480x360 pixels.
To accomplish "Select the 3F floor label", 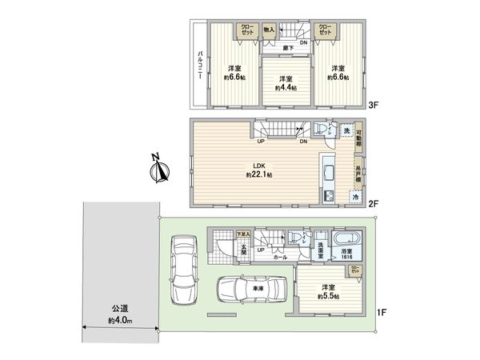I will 372,104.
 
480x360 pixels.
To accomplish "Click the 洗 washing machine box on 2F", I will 347,130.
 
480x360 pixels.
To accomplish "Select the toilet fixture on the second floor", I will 321,130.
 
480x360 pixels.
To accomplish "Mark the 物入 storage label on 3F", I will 269,30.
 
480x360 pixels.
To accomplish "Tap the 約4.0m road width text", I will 120,321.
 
